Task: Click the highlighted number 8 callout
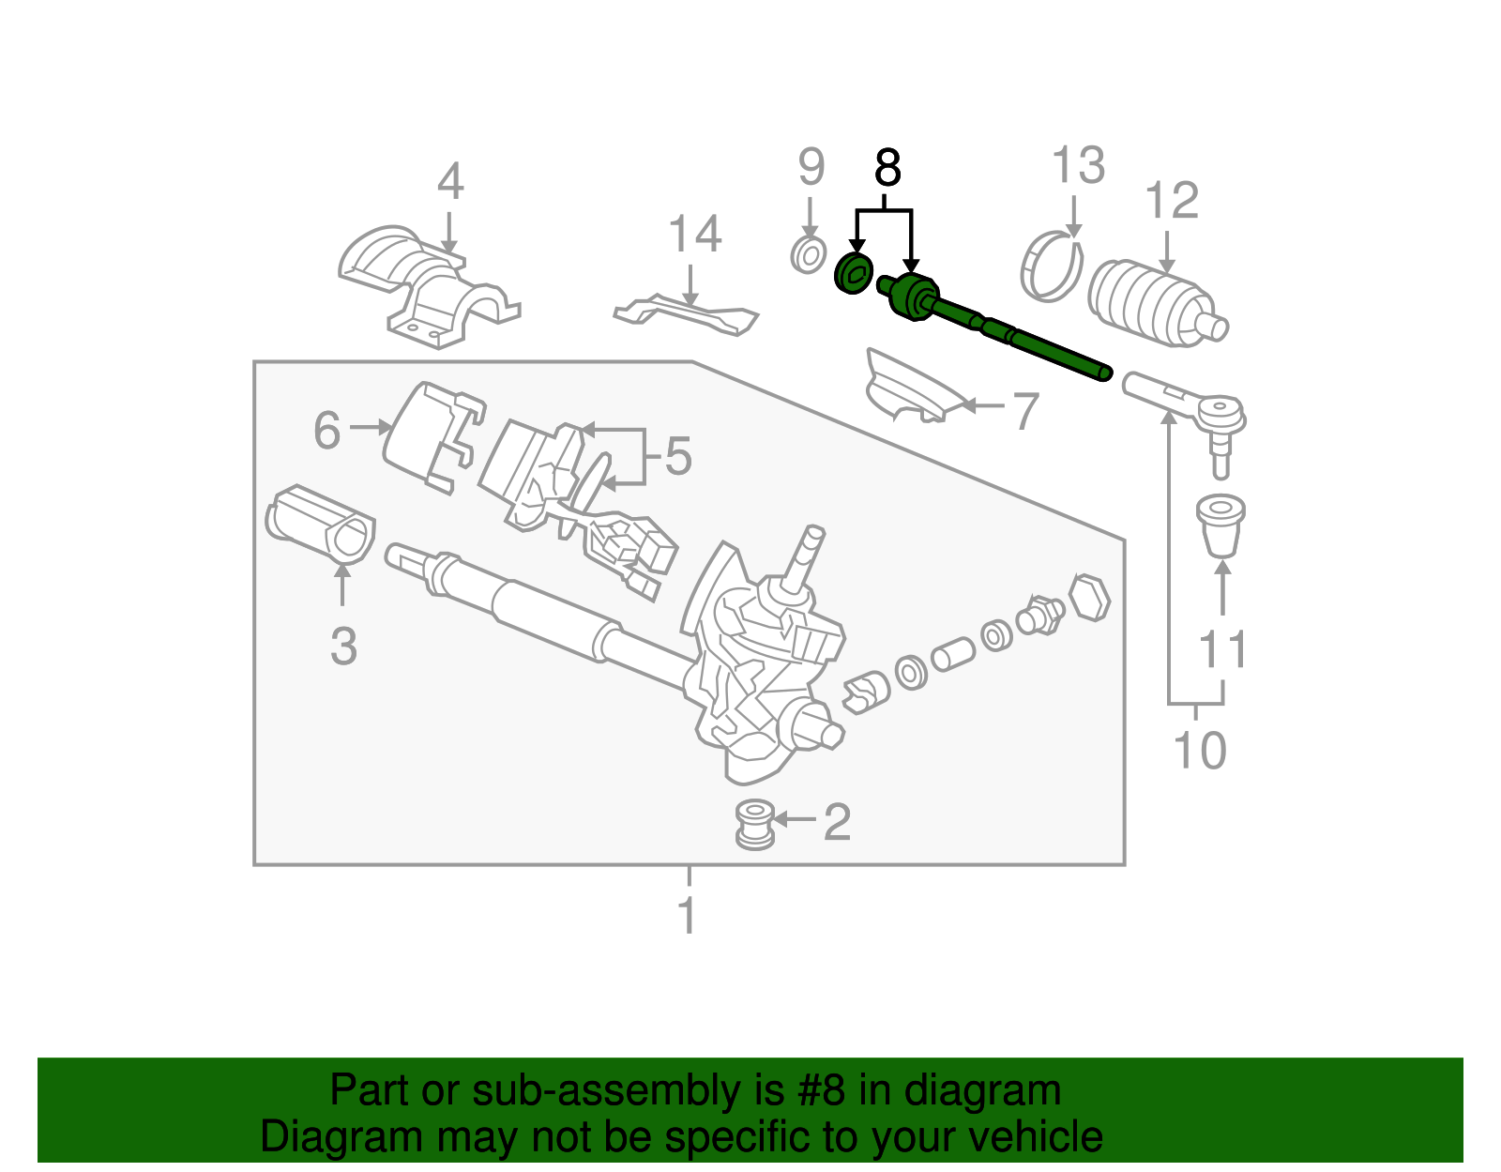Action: [887, 169]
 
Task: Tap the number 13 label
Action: [1078, 166]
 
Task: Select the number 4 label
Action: [450, 182]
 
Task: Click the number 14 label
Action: [694, 235]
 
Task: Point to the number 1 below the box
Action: [688, 915]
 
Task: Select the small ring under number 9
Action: [808, 254]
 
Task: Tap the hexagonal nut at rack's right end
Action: [1090, 597]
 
